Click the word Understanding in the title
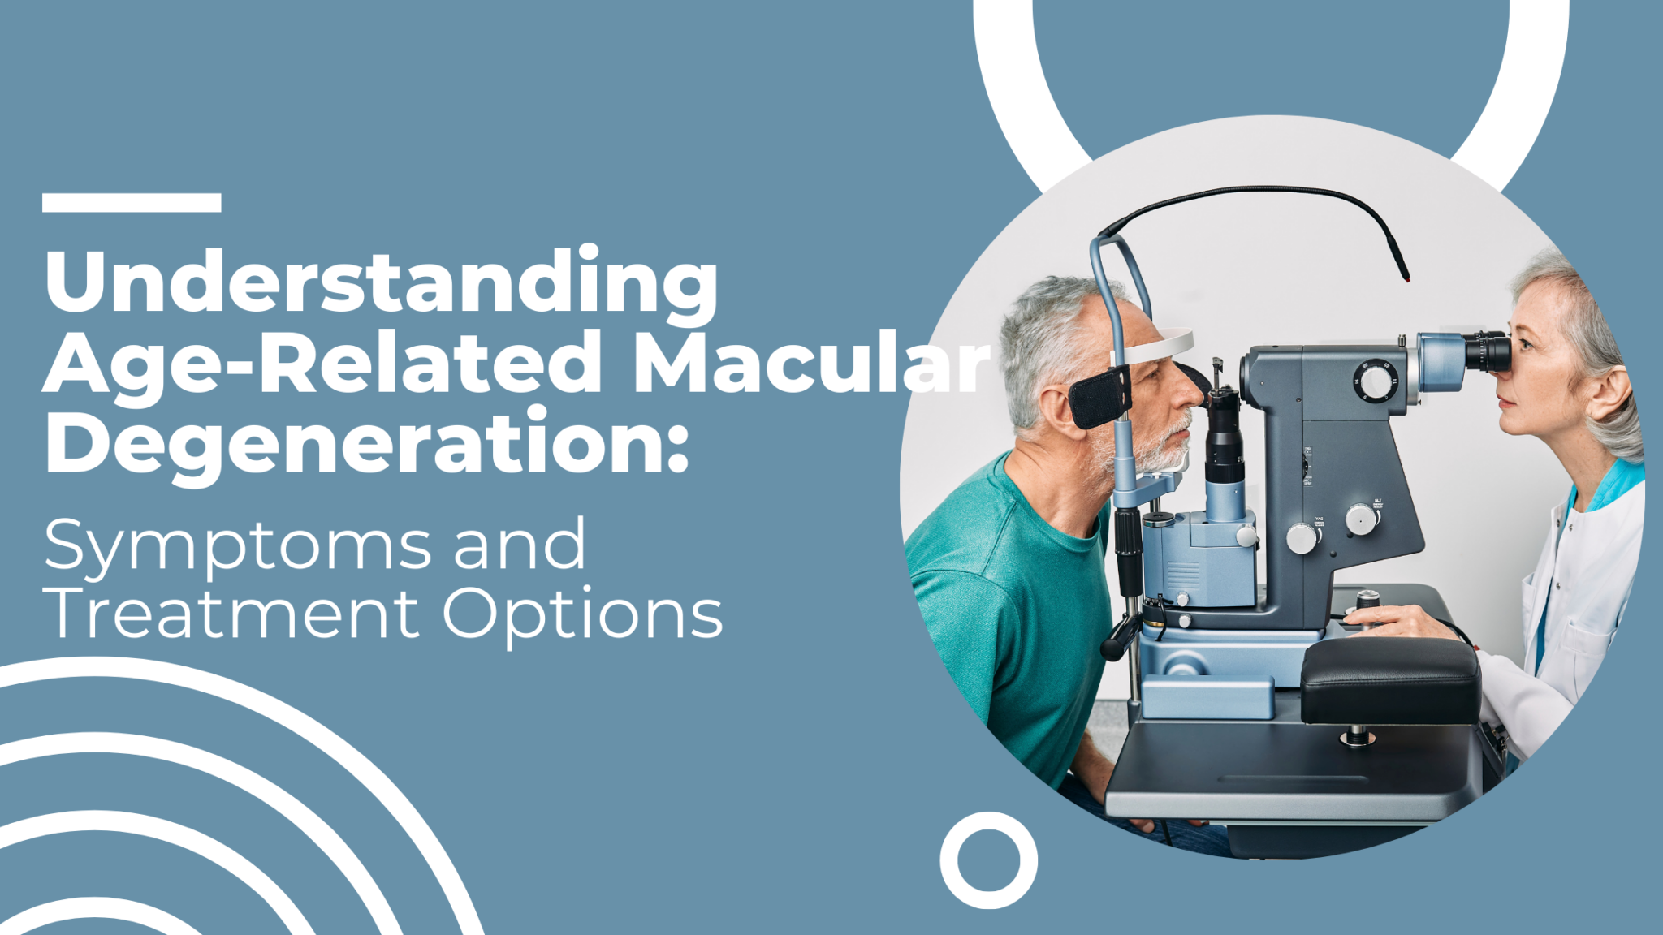382,282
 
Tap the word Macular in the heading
812,363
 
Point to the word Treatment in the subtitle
231,614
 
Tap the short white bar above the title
132,203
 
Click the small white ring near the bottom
988,860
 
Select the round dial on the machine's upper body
1376,381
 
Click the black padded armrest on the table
1390,680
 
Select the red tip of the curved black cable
1407,278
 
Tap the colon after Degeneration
679,450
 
